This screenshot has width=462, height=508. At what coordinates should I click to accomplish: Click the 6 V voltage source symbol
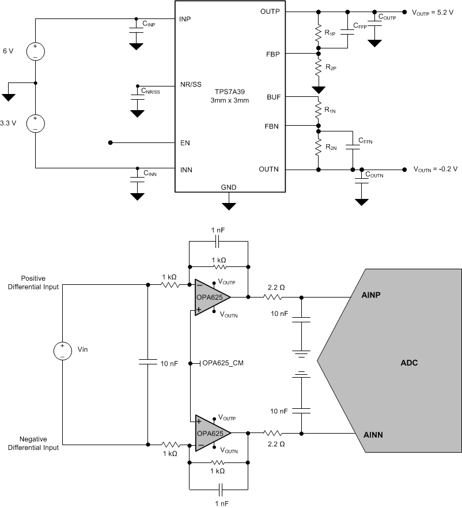(35, 51)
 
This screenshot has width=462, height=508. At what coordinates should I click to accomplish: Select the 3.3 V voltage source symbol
(35, 123)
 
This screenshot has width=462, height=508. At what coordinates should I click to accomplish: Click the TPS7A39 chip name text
(229, 92)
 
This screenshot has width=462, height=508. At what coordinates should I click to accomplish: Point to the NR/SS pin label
(191, 84)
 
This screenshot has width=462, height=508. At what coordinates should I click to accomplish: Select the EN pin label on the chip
(185, 142)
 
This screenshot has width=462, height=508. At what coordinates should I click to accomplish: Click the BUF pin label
(274, 97)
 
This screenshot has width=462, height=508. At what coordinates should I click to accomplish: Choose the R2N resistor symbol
(317, 148)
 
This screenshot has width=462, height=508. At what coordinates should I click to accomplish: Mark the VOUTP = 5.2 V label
(432, 12)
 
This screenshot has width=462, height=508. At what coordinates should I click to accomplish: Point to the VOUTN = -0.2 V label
(434, 170)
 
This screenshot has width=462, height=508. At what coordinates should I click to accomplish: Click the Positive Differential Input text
(33, 283)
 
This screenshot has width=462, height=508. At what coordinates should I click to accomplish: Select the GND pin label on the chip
(229, 187)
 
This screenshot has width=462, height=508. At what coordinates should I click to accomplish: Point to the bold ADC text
(408, 363)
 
